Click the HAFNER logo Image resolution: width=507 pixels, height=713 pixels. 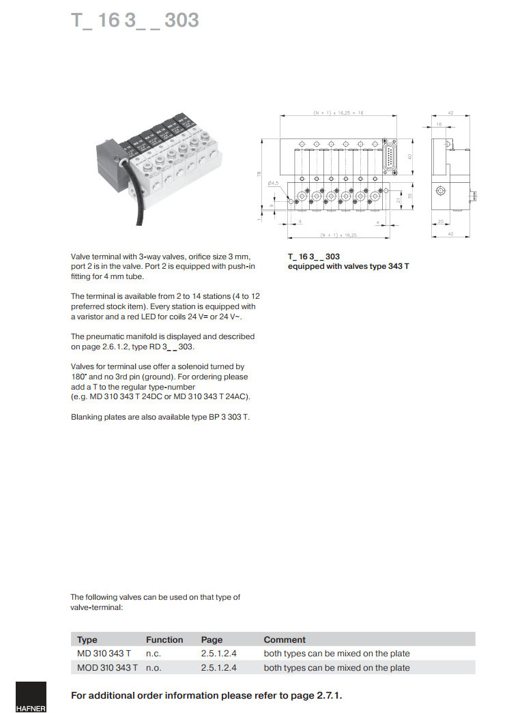31,697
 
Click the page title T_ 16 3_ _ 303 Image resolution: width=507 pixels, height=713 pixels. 135,20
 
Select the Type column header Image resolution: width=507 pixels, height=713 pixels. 87,640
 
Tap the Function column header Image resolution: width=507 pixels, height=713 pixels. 164,640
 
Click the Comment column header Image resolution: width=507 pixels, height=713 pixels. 285,640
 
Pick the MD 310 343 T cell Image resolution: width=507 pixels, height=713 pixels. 104,654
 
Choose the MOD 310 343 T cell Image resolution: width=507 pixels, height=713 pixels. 107,668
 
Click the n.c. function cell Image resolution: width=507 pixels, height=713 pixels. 153,654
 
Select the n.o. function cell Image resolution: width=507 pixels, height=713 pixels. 154,668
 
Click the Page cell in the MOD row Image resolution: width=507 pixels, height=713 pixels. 218,668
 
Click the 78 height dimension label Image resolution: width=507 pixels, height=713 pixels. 259,175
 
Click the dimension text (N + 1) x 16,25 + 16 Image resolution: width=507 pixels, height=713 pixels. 338,112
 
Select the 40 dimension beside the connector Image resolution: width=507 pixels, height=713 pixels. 409,156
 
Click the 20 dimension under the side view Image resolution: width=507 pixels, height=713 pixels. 441,222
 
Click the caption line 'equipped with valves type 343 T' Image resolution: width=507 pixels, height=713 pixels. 348,266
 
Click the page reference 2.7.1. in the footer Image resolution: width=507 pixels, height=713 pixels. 328,695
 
